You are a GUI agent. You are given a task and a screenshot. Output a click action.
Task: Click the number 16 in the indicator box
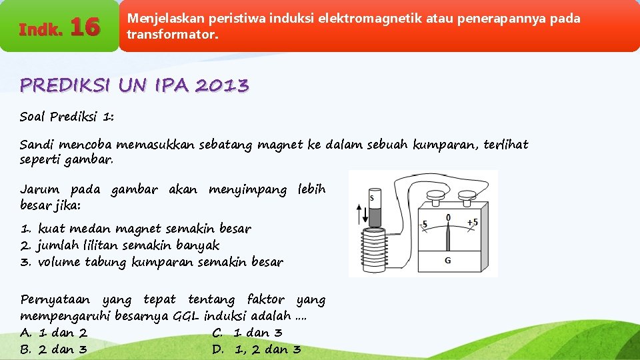point(85,27)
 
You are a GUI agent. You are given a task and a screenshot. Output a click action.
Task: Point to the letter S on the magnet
point(372,198)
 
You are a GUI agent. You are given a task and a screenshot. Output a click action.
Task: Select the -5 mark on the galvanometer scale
point(424,224)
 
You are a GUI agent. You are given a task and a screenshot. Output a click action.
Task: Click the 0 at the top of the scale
point(448,217)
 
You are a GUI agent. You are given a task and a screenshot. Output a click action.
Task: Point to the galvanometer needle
point(449,236)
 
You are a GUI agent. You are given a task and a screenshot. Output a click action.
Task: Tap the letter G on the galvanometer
point(447,260)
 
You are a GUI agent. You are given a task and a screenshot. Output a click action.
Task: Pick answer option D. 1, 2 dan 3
point(257,349)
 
